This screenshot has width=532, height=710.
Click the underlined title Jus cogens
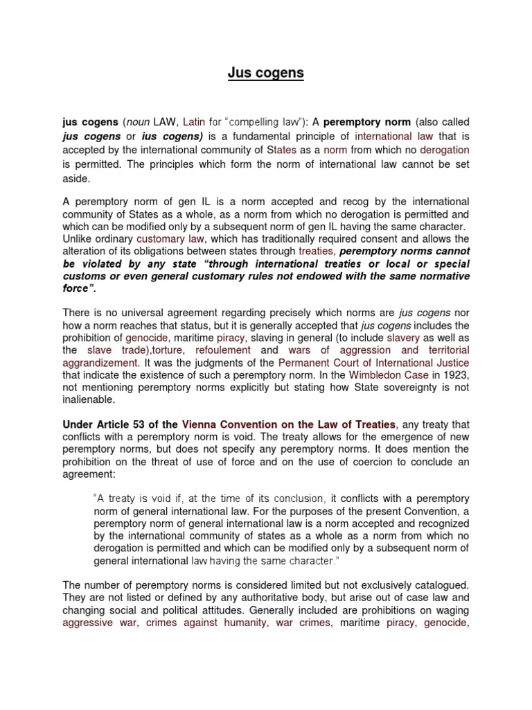point(266,73)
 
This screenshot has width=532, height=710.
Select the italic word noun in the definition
point(139,121)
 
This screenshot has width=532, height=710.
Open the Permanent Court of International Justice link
point(373,363)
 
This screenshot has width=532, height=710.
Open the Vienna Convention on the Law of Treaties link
point(289,424)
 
